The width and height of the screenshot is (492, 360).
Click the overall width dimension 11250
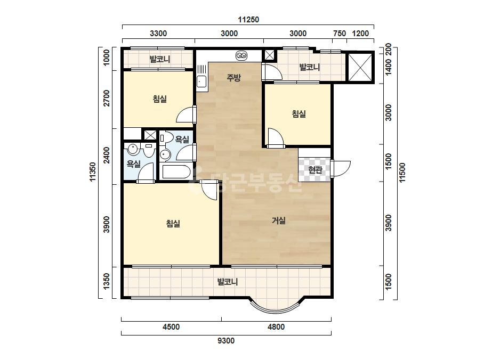(248, 20)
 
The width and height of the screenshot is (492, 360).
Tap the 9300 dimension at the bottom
(226, 340)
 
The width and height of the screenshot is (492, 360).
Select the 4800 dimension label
(276, 327)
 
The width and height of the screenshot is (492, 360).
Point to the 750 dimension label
(339, 34)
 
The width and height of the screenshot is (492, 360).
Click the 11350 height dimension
(92, 172)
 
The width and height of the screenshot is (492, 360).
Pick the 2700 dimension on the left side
(107, 98)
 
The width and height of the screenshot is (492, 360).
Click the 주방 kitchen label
(234, 77)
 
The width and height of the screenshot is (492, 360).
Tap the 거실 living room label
(278, 221)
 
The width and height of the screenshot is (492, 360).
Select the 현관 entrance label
(315, 170)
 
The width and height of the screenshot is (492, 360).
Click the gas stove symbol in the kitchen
(241, 56)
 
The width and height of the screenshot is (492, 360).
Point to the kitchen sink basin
(201, 81)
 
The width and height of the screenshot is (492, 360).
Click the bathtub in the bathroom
(175, 172)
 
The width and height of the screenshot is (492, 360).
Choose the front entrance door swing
(341, 169)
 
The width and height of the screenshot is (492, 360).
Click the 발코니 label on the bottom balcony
(228, 282)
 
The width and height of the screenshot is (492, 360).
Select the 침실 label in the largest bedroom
(173, 224)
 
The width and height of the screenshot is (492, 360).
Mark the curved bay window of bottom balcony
(277, 309)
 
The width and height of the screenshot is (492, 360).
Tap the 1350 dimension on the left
(107, 282)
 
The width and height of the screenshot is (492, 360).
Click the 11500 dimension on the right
(402, 172)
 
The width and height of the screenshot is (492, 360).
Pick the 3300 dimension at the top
(158, 34)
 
